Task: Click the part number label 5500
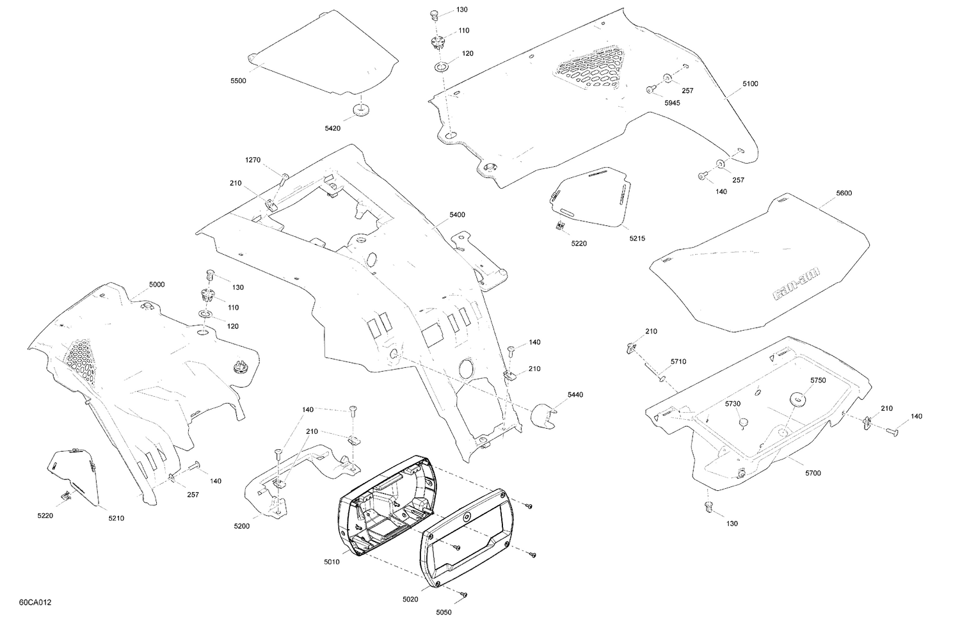(x=238, y=81)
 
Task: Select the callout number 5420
(x=333, y=129)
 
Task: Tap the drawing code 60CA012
(x=35, y=603)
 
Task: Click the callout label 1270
(x=253, y=160)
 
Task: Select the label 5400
(x=457, y=215)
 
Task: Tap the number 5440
(x=575, y=395)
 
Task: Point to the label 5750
(x=818, y=380)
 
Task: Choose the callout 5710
(x=678, y=362)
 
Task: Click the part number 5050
(x=444, y=612)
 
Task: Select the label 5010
(x=332, y=562)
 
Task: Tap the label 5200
(x=242, y=526)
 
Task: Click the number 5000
(x=157, y=284)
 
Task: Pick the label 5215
(x=637, y=238)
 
